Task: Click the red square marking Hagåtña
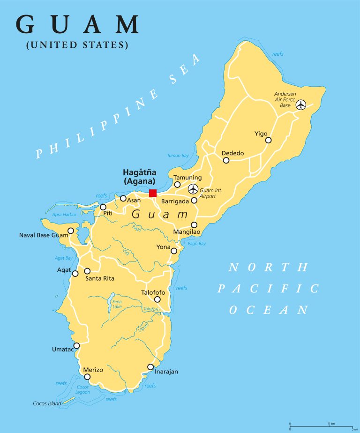152,193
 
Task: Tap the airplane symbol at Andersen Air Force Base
300,104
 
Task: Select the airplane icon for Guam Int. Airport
193,189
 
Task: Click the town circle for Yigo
268,140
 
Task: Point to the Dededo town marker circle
226,160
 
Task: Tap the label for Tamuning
187,178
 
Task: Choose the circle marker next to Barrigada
194,201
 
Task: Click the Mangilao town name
187,232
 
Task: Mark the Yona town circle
174,251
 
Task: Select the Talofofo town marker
157,299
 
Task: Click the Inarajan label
166,372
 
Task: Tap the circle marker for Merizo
87,377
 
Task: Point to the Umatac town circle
76,346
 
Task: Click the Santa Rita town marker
87,271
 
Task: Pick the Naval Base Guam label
43,235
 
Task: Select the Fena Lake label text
117,304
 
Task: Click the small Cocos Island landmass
68,400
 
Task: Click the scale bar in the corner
321,426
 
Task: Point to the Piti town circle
103,207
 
